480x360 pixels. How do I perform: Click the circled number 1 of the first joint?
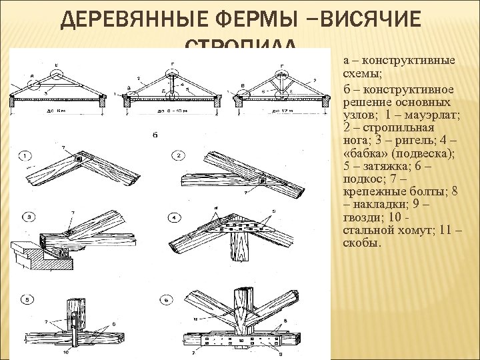(x=25, y=156)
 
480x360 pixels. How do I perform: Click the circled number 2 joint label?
(x=178, y=156)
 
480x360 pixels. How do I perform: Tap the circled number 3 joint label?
(x=25, y=217)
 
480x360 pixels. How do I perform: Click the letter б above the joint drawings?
(x=155, y=135)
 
